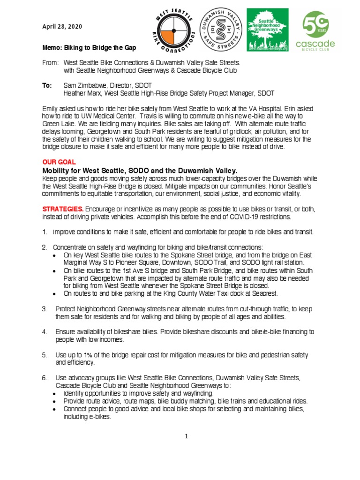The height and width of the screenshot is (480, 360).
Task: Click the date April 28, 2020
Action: click(x=62, y=27)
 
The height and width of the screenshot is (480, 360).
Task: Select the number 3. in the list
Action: click(x=45, y=309)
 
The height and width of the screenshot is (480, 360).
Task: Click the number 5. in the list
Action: click(x=45, y=355)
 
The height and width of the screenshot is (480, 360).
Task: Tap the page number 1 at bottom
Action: click(x=186, y=437)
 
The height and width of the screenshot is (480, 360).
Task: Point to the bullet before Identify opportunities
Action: click(x=55, y=393)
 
